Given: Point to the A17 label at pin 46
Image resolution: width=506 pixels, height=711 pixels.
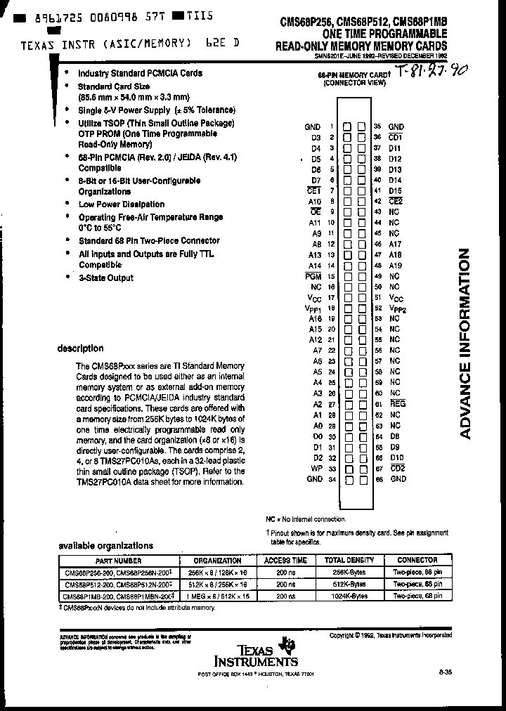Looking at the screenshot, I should (x=395, y=244).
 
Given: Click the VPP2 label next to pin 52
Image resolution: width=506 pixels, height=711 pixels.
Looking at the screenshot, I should (x=397, y=308).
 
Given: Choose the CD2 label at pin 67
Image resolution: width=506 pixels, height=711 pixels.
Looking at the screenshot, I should (x=397, y=468).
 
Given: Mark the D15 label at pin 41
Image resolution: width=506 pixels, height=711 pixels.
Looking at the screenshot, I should (x=395, y=190).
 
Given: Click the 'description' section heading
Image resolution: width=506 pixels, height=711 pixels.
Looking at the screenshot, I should (x=80, y=348).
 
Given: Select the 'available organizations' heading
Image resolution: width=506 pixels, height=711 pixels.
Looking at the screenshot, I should (x=105, y=545).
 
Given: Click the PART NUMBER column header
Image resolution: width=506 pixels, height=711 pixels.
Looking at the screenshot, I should (x=118, y=561).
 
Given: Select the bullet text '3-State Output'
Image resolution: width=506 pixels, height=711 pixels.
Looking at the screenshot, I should (x=105, y=278).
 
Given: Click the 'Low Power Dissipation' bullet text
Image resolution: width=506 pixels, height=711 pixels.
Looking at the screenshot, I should (x=121, y=204).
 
